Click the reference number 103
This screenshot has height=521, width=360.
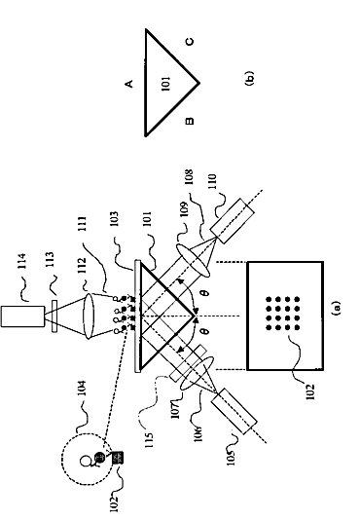[114, 219]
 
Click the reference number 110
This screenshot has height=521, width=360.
[212, 181]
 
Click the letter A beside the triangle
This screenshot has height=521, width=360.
[129, 83]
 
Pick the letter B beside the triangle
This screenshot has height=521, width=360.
[189, 121]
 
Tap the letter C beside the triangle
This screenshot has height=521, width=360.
[190, 42]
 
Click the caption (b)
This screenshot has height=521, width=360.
[249, 79]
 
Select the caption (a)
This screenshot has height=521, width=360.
[336, 308]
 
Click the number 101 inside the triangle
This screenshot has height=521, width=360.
[165, 83]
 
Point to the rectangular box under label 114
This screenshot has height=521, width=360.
[22, 316]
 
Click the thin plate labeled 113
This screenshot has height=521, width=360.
[54, 316]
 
